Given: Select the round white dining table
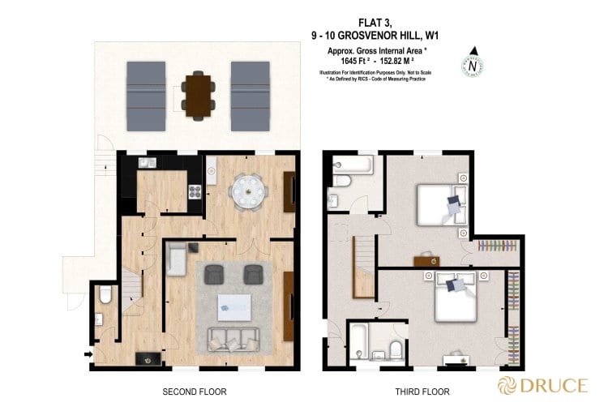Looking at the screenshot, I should (246, 194).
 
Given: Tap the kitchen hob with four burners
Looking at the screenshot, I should (195, 192).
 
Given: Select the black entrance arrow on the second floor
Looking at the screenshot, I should (87, 353).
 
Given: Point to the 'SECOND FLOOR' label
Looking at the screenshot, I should (195, 392).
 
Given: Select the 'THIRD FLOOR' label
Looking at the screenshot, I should (422, 392).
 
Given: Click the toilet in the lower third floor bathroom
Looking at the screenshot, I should (395, 349).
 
